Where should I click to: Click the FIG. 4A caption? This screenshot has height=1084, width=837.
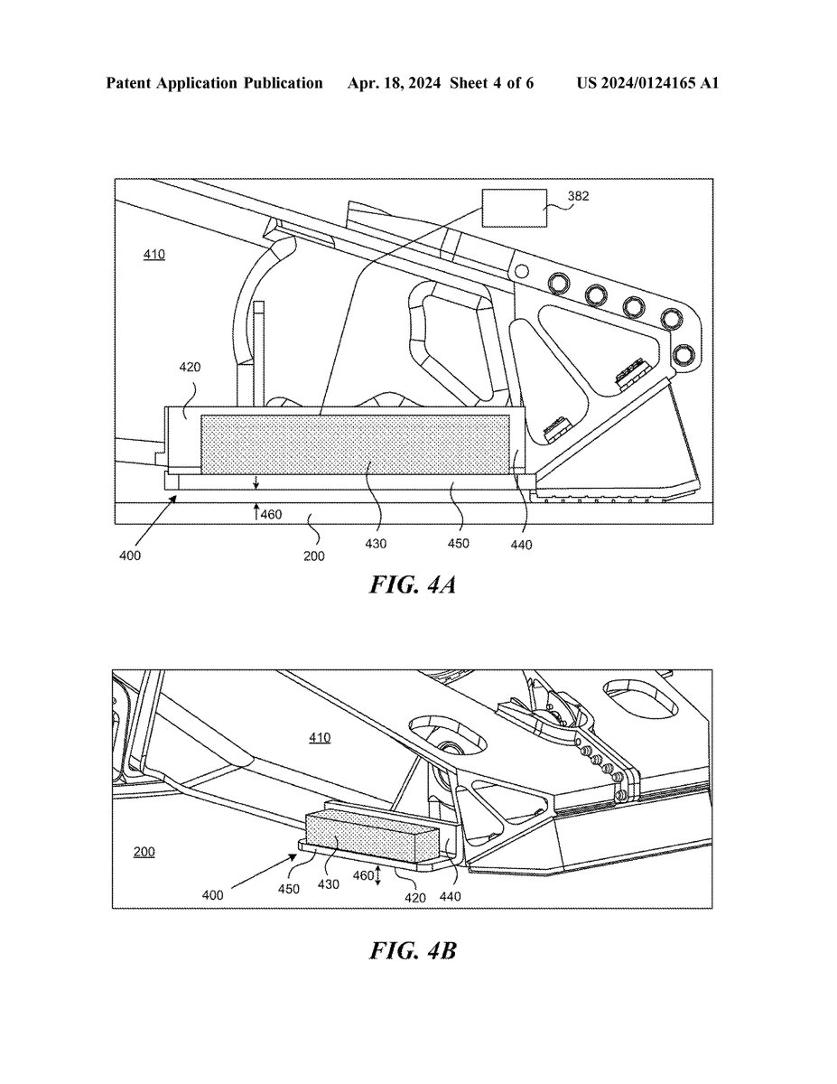[x=413, y=584]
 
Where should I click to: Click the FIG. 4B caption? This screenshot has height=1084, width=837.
[x=413, y=951]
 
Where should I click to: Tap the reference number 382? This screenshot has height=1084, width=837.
[x=578, y=196]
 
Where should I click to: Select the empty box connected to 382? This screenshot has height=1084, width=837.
[x=515, y=208]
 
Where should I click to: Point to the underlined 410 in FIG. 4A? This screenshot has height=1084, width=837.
[x=154, y=255]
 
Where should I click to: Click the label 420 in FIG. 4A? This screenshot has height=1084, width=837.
[x=190, y=367]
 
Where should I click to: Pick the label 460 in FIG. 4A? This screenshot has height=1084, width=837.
[x=271, y=514]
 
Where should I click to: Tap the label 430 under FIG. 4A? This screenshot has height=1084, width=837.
[x=376, y=544]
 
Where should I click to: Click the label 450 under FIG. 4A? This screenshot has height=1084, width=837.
[x=458, y=543]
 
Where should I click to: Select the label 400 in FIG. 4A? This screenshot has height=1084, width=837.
[x=130, y=556]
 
